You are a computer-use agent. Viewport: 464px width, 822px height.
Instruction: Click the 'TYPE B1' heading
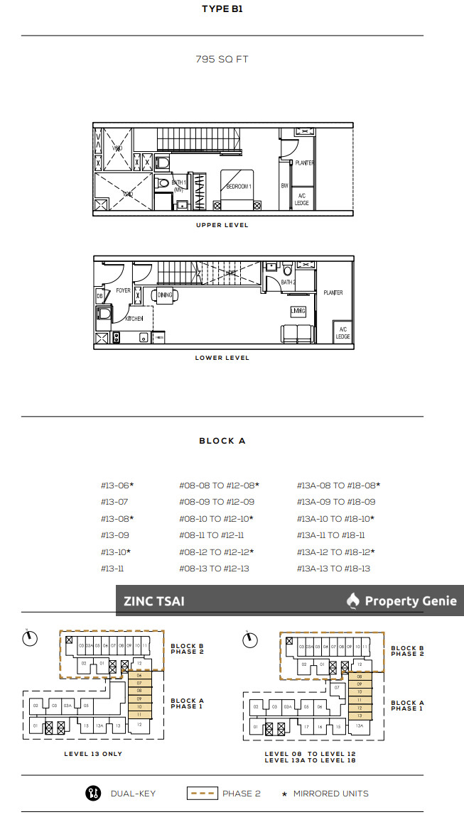point(222,10)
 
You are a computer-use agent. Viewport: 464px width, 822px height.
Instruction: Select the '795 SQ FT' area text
point(222,60)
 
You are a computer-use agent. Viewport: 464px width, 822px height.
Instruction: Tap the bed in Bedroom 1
point(238,189)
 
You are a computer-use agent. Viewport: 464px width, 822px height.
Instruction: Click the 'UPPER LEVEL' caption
point(222,225)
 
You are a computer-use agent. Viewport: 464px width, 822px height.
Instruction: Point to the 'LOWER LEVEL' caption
point(222,358)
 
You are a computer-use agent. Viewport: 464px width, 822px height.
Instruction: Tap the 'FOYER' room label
point(124,290)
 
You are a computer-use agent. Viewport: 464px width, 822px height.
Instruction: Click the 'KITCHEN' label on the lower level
point(135,319)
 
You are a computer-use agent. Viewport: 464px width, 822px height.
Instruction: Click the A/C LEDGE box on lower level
point(342,332)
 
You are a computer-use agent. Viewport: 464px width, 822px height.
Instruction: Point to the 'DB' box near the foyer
point(100,295)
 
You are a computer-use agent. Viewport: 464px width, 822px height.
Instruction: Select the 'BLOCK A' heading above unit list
point(222,441)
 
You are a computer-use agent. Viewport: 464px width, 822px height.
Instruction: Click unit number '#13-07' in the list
point(114,502)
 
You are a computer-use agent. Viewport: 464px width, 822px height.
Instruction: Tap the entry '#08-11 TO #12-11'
point(212,535)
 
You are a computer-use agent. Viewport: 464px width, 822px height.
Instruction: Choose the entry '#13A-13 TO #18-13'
point(333,569)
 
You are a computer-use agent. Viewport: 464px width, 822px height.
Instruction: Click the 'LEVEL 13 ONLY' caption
point(93,754)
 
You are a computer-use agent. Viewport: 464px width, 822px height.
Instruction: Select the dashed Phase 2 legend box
point(203,794)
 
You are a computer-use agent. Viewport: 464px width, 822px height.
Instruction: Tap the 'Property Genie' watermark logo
point(402,601)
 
